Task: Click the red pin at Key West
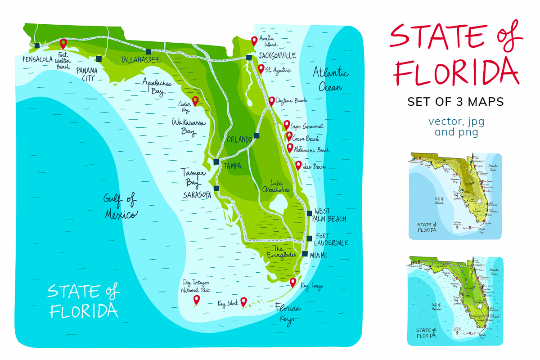pyautogui.click(x=243, y=301)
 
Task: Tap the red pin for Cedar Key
pyautogui.click(x=195, y=100)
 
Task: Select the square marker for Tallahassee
pyautogui.click(x=148, y=51)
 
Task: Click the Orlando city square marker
pyautogui.click(x=256, y=135)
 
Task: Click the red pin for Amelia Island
pyautogui.click(x=254, y=40)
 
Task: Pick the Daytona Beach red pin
pyautogui.click(x=271, y=100)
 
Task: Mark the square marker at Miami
pyautogui.click(x=305, y=254)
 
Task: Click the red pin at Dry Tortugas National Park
pyautogui.click(x=196, y=300)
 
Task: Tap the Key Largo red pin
pyautogui.click(x=293, y=282)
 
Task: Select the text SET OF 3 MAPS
pyautogui.click(x=455, y=102)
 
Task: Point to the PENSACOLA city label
pyautogui.click(x=37, y=59)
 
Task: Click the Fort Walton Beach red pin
pyautogui.click(x=63, y=43)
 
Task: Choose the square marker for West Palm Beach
pyautogui.click(x=309, y=214)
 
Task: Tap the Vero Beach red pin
pyautogui.click(x=298, y=165)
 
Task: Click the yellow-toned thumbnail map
pyautogui.click(x=454, y=196)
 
